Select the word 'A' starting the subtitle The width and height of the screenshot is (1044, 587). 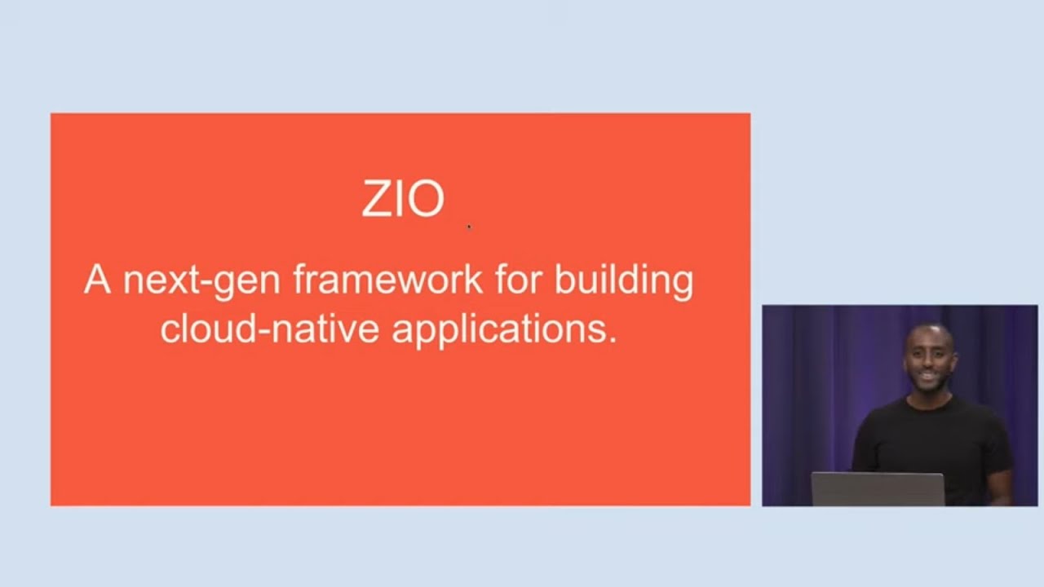pyautogui.click(x=96, y=280)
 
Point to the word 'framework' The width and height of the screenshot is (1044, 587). pyautogui.click(x=387, y=280)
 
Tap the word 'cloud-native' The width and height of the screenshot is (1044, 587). pyautogui.click(x=269, y=329)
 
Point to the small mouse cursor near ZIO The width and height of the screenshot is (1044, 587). pyautogui.click(x=469, y=227)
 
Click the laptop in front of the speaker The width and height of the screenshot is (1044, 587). pyautogui.click(x=878, y=489)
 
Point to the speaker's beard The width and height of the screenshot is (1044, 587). pyautogui.click(x=929, y=384)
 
